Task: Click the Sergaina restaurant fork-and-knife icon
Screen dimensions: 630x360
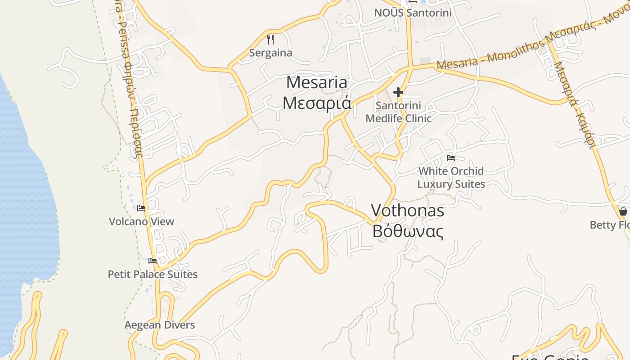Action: pos(270,40)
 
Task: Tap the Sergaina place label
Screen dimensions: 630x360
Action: pos(270,53)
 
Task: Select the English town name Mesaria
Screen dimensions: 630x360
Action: pos(317,83)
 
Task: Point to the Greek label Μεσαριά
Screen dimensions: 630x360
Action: pos(317,103)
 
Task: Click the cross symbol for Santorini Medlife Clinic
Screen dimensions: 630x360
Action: pos(398,93)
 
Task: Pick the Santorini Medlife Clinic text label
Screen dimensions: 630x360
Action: pos(398,112)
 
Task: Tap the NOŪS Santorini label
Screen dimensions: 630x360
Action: pos(413,13)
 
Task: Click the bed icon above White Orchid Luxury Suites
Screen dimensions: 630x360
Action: pos(451,158)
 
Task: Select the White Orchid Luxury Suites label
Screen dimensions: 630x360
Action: pos(451,177)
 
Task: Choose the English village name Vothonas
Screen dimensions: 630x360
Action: pos(407,211)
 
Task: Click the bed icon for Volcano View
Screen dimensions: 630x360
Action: pos(141,208)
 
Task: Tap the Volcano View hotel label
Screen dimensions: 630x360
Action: pos(141,221)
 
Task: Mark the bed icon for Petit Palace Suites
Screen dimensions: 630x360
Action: pos(153,261)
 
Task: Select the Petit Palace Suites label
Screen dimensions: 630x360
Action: pos(153,274)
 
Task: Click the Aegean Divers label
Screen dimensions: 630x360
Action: pos(160,325)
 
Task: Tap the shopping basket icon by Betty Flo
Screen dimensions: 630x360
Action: pos(623,211)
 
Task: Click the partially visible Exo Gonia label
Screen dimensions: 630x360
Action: pos(550,357)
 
